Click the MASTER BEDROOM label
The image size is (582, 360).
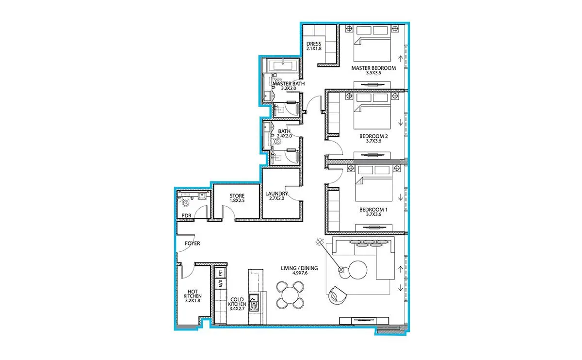click(x=373, y=68)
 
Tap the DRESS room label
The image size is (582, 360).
click(x=314, y=44)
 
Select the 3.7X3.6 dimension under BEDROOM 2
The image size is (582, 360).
click(x=373, y=141)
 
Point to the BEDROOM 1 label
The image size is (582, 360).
click(x=373, y=210)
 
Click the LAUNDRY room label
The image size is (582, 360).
click(x=276, y=194)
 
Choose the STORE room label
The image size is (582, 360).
click(x=237, y=196)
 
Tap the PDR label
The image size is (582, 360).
click(x=186, y=216)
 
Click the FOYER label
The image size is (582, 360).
click(x=192, y=244)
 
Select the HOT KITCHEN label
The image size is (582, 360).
click(x=193, y=294)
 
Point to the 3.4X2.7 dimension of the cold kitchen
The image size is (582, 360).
click(x=237, y=309)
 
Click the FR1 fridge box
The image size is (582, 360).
click(x=220, y=273)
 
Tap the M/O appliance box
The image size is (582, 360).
click(x=220, y=283)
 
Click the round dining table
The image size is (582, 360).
click(x=290, y=295)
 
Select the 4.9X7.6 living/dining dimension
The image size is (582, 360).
click(x=300, y=273)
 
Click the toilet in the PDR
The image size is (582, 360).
click(x=185, y=202)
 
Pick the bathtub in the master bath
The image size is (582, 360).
click(x=283, y=65)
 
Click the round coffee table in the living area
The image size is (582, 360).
click(x=358, y=270)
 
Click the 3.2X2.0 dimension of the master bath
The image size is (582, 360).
click(x=289, y=88)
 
